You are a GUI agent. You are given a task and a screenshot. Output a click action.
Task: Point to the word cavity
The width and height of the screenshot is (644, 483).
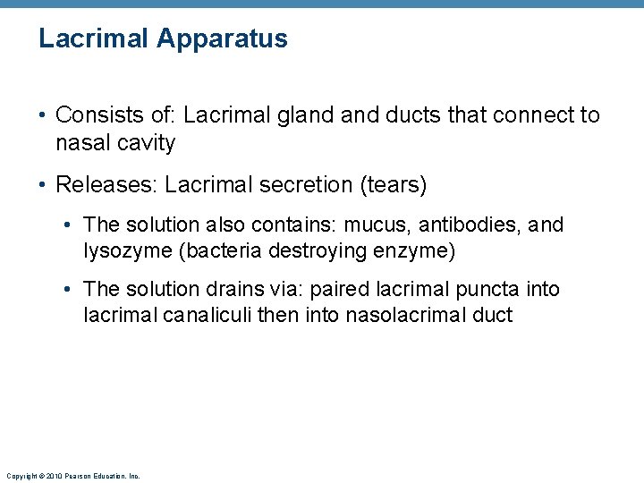(146, 143)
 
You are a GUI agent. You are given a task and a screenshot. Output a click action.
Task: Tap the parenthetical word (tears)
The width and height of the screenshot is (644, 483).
(392, 185)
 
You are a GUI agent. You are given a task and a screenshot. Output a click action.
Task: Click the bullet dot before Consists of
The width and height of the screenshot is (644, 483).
(43, 116)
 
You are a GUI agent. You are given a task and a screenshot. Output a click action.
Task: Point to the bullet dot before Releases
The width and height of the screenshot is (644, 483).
(43, 186)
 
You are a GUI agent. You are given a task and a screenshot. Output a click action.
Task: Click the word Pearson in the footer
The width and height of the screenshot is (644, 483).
(76, 477)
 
